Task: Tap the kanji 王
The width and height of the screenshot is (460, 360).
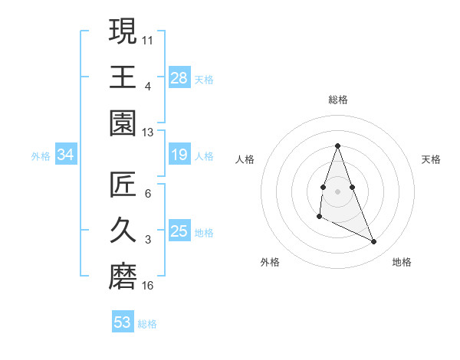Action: click(x=123, y=77)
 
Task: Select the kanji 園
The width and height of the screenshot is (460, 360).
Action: click(x=123, y=123)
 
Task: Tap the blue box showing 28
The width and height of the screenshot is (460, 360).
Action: click(x=179, y=77)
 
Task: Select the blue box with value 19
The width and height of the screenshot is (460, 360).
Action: click(x=179, y=155)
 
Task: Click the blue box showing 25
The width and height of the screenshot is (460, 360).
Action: click(x=179, y=231)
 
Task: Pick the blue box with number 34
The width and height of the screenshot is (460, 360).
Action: click(x=65, y=155)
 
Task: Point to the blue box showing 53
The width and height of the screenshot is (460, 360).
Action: click(x=123, y=322)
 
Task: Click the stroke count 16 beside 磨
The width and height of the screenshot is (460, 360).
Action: click(x=148, y=286)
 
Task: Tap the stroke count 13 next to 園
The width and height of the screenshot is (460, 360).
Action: click(x=148, y=132)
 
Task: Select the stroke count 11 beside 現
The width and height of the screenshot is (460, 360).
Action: click(x=148, y=39)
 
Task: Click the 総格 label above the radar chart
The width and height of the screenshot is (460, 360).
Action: click(x=337, y=100)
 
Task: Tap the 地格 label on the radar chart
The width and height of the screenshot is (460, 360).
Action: click(x=402, y=262)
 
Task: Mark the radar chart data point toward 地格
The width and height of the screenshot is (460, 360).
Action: click(x=374, y=242)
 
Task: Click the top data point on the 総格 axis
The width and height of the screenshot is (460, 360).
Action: click(x=337, y=146)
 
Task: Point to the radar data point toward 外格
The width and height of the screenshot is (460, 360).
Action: click(x=319, y=217)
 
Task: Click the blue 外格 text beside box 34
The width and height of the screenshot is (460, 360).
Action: click(x=41, y=156)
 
